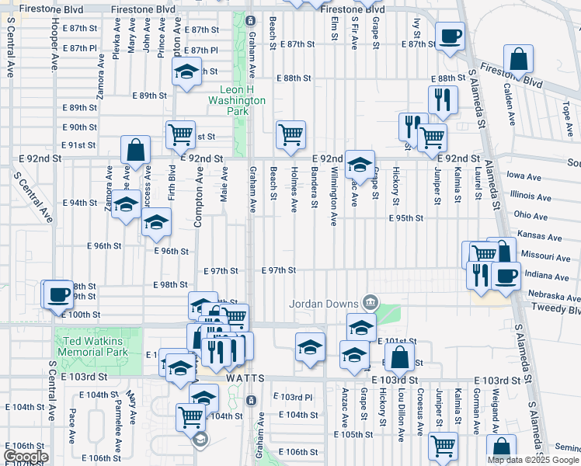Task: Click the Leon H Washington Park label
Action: click(237, 100)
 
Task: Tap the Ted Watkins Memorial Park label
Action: click(90, 346)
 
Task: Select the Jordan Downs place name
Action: click(325, 303)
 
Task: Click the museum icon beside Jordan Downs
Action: click(370, 302)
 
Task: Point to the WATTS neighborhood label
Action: click(246, 378)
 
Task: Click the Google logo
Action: click(26, 457)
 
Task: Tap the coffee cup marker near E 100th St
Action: click(58, 296)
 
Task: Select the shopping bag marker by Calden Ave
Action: click(518, 60)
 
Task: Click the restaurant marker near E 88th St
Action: click(443, 99)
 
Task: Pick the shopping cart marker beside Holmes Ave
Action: click(290, 134)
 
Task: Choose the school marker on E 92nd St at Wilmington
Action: click(360, 164)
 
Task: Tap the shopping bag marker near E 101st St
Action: click(399, 359)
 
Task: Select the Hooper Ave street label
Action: click(55, 47)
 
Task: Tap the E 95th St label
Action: click(406, 218)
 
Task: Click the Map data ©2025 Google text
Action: click(533, 460)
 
